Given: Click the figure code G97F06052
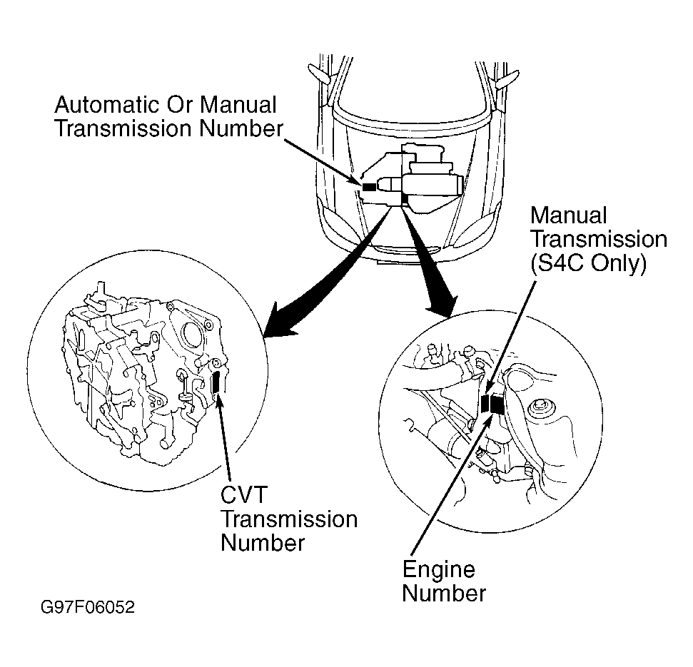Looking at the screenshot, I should click(87, 609).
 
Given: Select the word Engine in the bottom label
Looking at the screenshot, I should click(438, 569).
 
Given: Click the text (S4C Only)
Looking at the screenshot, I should click(588, 263).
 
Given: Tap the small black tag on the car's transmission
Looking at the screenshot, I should click(368, 186).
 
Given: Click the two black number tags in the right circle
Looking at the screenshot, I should click(492, 404).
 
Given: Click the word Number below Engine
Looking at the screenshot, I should click(444, 593).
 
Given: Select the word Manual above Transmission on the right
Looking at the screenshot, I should click(568, 215).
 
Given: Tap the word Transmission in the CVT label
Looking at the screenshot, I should click(289, 519).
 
